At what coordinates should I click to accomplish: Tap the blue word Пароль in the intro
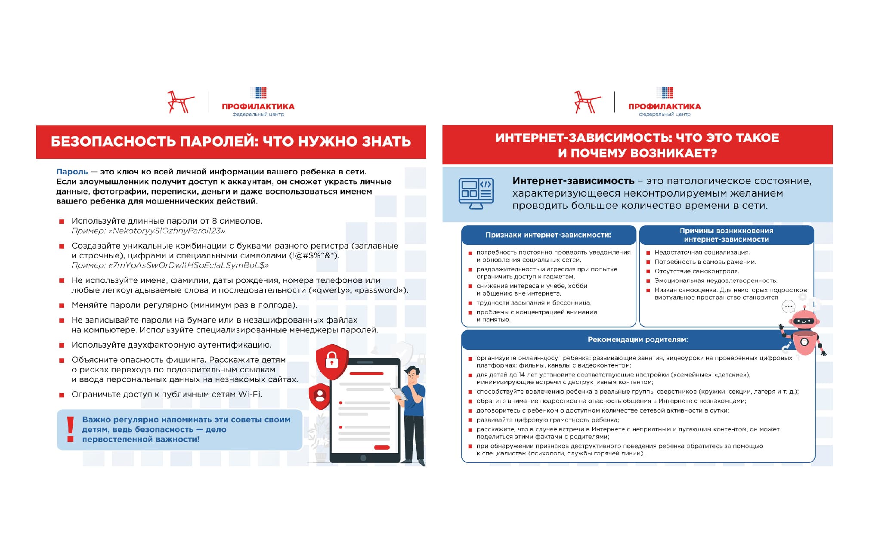[72, 172]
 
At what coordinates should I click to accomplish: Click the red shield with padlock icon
[332, 361]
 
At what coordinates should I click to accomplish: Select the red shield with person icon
[320, 396]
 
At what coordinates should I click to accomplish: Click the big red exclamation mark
[70, 429]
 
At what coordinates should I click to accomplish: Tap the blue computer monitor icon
[476, 193]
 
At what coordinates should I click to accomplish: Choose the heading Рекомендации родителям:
[638, 339]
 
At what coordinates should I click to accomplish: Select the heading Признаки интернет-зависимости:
[548, 235]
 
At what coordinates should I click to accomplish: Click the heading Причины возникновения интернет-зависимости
[727, 235]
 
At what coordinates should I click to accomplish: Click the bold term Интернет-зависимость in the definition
[573, 181]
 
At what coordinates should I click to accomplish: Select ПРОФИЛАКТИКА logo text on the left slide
[258, 106]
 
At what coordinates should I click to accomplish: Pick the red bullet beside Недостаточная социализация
[648, 253]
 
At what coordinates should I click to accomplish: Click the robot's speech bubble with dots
[788, 307]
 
